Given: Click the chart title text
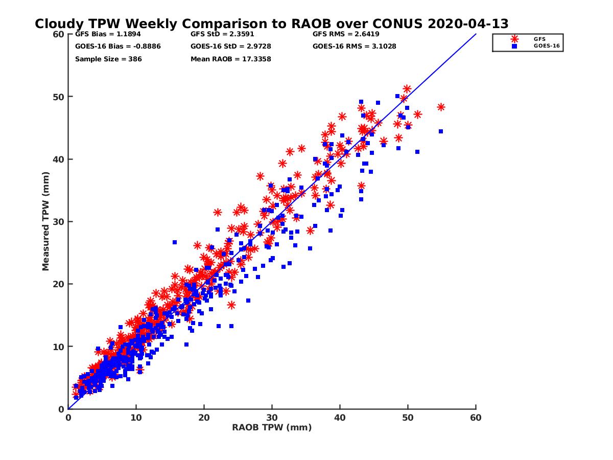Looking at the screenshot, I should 271,24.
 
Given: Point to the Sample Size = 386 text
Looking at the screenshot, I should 108,59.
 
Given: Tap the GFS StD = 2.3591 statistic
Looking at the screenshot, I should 222,35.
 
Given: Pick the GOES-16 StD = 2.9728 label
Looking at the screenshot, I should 231,47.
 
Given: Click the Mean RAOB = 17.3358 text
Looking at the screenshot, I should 230,59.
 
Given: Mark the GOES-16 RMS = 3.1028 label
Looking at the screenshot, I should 355,47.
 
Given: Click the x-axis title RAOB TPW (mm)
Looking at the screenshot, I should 272,428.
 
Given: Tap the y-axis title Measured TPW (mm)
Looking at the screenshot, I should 45,221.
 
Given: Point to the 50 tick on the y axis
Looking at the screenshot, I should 61,97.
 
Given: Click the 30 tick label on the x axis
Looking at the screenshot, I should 272,418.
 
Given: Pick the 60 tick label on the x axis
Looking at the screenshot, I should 476,418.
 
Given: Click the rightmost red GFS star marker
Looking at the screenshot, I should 441,107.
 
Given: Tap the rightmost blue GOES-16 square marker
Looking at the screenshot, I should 441,131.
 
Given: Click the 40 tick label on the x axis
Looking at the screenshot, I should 340,418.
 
